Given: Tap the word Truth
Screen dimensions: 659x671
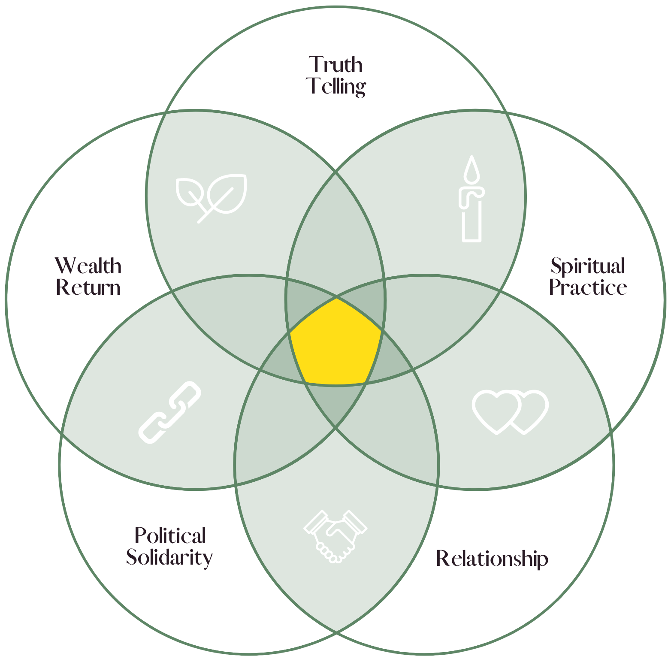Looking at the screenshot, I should tap(335, 65).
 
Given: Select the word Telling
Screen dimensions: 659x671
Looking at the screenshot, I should tap(336, 87).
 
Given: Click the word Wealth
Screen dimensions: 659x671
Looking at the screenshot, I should tap(88, 266).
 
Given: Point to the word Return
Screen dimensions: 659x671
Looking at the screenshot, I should tap(88, 287).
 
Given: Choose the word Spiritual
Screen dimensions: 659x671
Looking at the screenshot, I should tap(587, 267).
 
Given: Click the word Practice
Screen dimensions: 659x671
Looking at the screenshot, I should tap(588, 287).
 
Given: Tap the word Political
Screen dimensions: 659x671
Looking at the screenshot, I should tap(170, 536).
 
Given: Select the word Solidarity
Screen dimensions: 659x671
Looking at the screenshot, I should tap(169, 558).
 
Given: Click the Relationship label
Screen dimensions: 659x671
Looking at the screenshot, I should tap(492, 559).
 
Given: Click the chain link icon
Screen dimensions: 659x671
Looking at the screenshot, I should tap(170, 412).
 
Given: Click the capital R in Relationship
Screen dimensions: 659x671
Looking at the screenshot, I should tap(442, 559).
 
